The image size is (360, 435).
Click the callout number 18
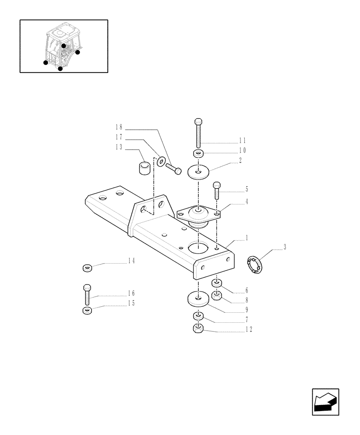pos(119,127)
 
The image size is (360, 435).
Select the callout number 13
pos(119,147)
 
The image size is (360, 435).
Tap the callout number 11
pos(242,141)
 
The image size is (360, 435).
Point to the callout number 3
pos(285,247)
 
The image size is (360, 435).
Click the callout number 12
pos(248,329)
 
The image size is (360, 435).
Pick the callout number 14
pos(131,261)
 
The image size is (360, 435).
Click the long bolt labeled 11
pos(198,133)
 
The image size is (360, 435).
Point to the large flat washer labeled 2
pos(198,172)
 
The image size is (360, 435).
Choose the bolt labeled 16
pos(87,294)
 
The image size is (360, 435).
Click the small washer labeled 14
pos(87,268)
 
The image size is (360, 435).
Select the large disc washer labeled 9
pos(198,299)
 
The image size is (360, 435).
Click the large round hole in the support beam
pos(198,248)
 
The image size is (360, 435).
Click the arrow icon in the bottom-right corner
pos(325,402)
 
